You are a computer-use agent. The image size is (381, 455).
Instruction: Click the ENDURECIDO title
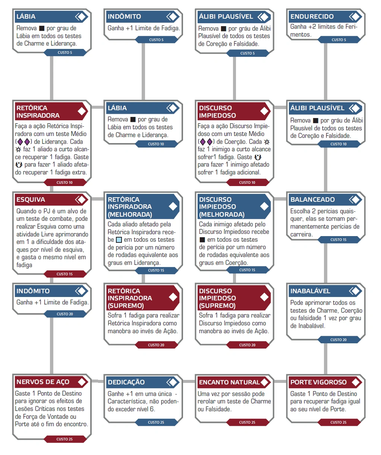(x=312, y=16)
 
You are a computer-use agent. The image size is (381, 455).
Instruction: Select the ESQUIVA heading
(x=31, y=199)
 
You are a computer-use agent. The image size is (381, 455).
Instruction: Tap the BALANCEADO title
(x=312, y=199)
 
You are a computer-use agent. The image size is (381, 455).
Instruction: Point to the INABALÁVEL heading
(x=310, y=291)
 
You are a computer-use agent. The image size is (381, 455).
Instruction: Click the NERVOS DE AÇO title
(x=43, y=382)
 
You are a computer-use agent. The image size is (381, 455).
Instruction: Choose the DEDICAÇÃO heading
(x=126, y=382)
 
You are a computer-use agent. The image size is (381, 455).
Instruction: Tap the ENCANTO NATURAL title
(x=229, y=382)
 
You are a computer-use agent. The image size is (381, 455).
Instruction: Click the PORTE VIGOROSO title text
(x=318, y=382)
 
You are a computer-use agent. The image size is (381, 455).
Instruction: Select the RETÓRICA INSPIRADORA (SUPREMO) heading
(x=130, y=298)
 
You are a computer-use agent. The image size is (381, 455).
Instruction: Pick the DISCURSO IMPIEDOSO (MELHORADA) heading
(x=221, y=207)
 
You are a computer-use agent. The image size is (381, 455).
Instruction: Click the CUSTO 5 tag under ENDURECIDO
(x=339, y=40)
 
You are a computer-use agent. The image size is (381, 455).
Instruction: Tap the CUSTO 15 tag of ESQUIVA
(x=64, y=274)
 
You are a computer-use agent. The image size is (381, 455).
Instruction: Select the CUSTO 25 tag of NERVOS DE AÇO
(x=64, y=439)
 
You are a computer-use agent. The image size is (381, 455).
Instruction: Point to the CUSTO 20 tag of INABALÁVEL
(x=339, y=340)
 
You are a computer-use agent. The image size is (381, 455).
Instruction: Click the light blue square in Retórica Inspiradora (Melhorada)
(x=119, y=240)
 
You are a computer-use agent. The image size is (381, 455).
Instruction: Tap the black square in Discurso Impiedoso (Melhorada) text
(x=202, y=240)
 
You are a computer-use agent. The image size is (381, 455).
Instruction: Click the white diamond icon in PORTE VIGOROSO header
(x=356, y=382)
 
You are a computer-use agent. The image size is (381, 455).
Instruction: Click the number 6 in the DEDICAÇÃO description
(x=152, y=409)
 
